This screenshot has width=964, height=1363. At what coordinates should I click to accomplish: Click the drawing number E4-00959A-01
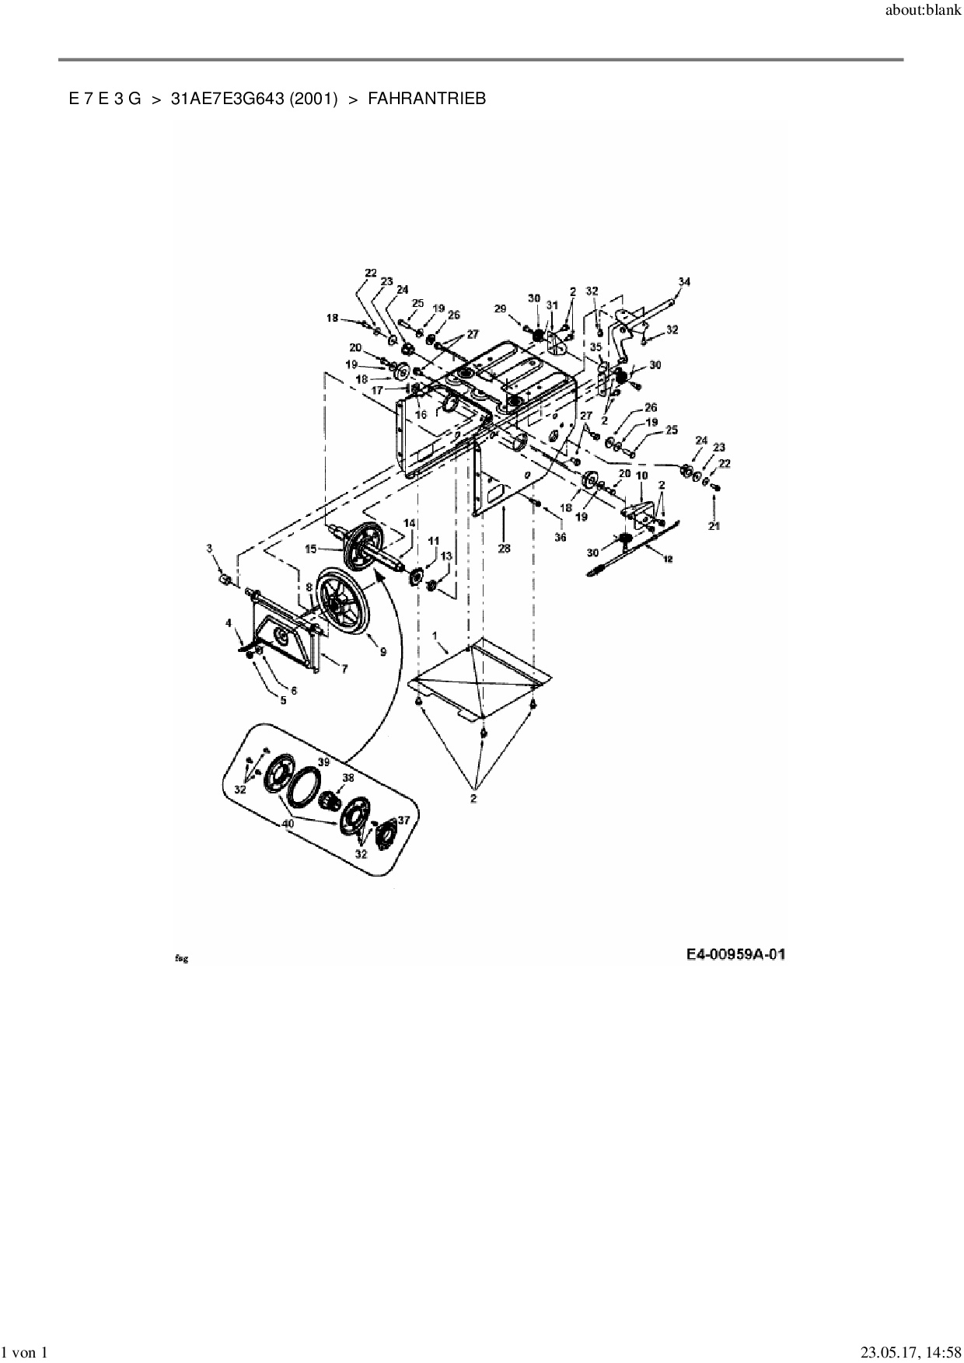[735, 954]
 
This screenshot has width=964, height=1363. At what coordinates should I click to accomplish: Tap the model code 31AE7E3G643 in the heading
[253, 99]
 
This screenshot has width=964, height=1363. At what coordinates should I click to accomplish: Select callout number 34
[683, 281]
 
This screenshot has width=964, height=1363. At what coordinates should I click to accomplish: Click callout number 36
[560, 537]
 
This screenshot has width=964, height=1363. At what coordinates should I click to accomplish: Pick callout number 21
[714, 526]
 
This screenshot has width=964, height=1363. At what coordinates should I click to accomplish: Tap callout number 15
[310, 549]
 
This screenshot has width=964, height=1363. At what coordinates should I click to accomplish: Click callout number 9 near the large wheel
[383, 653]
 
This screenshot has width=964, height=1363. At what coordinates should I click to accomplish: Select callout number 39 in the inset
[323, 762]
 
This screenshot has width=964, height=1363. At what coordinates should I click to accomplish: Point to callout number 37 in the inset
[403, 820]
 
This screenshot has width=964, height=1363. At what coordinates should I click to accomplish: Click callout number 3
[209, 549]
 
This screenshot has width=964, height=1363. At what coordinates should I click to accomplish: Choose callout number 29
[501, 309]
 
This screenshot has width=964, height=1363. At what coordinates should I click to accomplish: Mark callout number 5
[283, 700]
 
